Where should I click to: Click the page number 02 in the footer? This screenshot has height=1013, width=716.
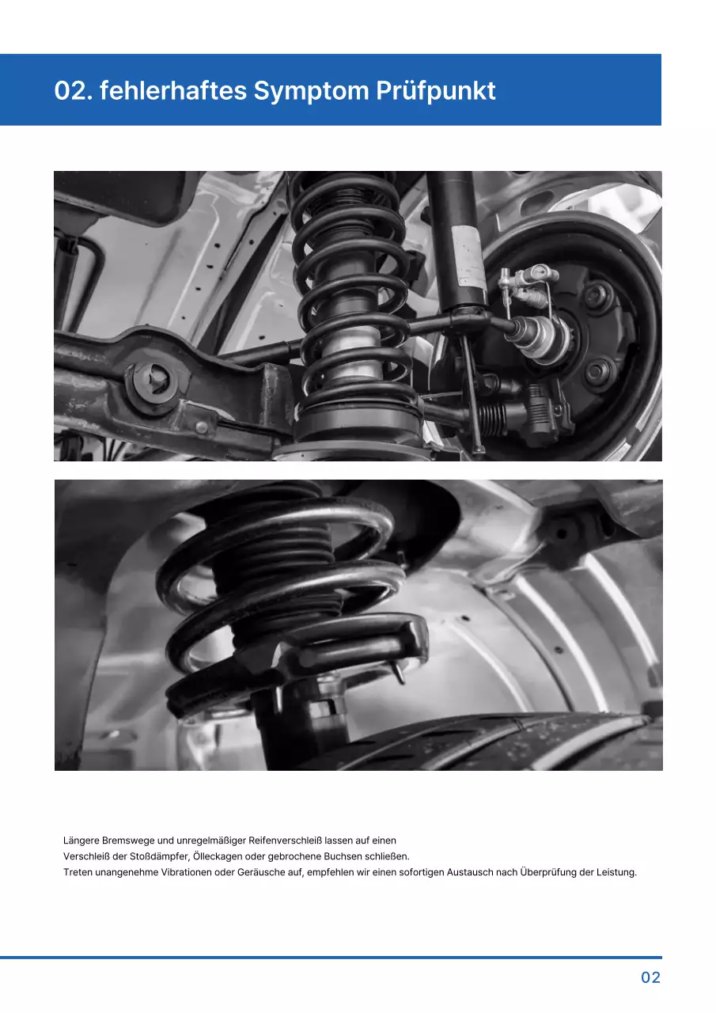coord(650,977)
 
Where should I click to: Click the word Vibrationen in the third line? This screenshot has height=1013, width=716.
coord(186,873)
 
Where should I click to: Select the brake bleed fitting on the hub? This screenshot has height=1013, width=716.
coord(506,279)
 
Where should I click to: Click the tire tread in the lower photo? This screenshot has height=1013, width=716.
coord(506,744)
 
